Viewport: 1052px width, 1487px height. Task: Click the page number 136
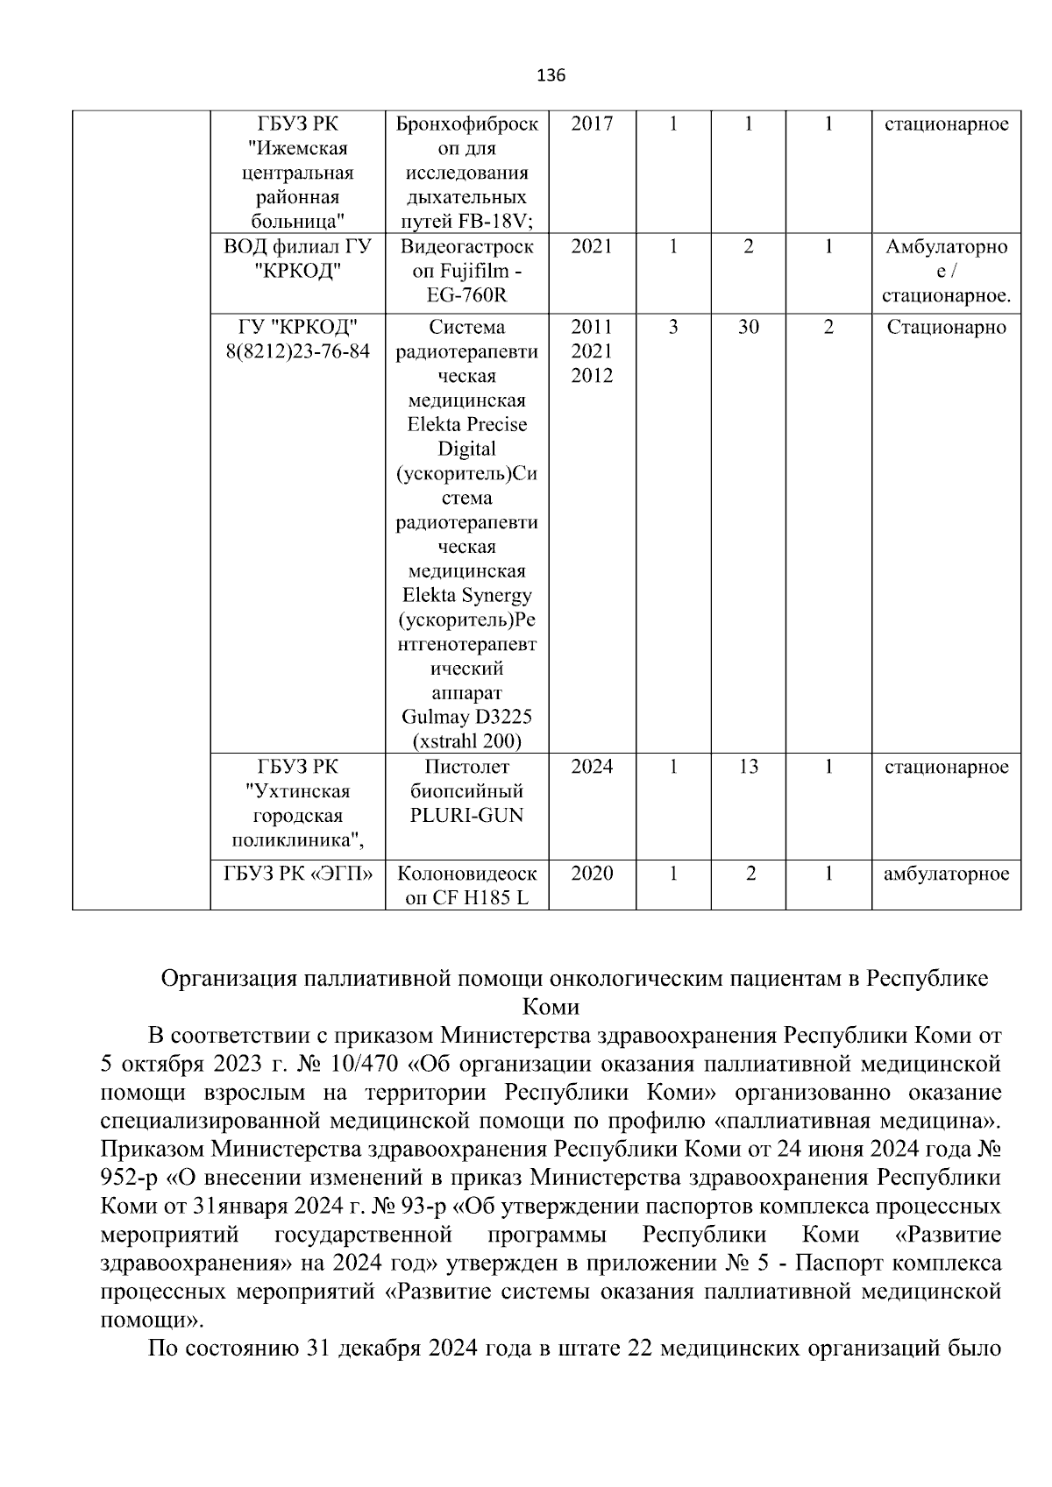551,75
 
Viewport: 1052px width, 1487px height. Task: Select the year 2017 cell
592,124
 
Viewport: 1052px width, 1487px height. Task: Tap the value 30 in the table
748,328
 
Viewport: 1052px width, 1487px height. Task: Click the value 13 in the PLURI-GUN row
748,767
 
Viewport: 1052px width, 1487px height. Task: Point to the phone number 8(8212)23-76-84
298,351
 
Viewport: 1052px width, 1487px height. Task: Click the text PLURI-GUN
466,816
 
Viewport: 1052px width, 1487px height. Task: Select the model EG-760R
466,295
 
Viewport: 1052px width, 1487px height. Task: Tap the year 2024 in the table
592,767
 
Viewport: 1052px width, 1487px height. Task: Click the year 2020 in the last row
592,874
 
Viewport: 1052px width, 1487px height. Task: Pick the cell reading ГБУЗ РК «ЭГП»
298,874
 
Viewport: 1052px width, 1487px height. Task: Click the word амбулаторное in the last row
946,874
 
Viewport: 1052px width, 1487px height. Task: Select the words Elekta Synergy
466,596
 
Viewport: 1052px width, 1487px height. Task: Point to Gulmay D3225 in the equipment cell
466,718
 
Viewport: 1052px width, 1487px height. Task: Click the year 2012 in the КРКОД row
592,376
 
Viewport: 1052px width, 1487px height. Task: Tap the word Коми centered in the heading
550,1006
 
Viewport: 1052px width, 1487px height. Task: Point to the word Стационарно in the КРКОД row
946,328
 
